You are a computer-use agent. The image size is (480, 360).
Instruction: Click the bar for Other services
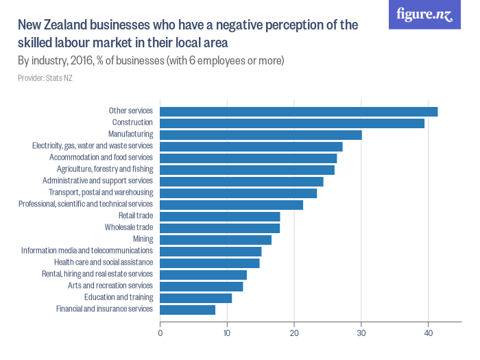298,111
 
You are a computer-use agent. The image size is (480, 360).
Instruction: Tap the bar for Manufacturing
261,134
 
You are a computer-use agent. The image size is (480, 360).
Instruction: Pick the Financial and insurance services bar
187,309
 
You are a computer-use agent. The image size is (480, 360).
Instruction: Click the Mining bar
215,239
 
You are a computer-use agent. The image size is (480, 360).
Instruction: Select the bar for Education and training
195,298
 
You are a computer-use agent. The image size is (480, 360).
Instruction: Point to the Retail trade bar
219,216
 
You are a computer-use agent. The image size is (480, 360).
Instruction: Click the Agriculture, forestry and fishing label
105,169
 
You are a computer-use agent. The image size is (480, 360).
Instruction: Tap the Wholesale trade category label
129,228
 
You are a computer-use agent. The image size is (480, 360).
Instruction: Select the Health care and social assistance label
104,263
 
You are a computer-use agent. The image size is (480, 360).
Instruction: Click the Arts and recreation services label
110,286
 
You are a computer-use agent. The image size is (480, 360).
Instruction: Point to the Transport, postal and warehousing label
101,193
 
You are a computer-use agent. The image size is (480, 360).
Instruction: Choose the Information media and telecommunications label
87,251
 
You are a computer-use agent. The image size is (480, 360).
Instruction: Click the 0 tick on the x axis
160,333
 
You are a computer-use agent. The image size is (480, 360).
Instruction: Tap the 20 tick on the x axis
294,333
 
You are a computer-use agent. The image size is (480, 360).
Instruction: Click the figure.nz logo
425,15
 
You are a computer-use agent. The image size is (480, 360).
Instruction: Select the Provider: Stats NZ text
45,78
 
